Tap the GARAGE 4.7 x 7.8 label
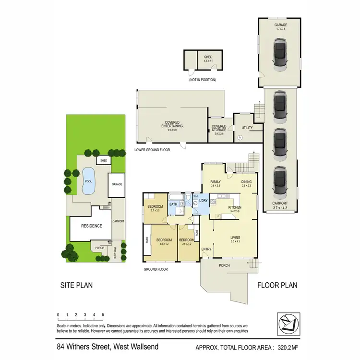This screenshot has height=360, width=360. click(x=281, y=26)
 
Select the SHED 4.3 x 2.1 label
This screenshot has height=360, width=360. click(x=208, y=59)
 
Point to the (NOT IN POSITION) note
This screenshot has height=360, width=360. click(x=202, y=80)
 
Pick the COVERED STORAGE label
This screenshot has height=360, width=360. click(x=219, y=130)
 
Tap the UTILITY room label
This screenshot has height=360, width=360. click(x=247, y=128)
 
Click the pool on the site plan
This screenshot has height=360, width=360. click(x=88, y=181)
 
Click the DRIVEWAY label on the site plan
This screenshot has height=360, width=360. click(x=116, y=252)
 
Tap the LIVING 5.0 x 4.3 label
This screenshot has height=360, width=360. click(x=235, y=240)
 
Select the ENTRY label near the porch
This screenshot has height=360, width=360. click(x=206, y=249)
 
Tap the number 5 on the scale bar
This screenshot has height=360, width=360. click(x=103, y=315)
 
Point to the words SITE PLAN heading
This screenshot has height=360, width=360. click(x=76, y=285)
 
